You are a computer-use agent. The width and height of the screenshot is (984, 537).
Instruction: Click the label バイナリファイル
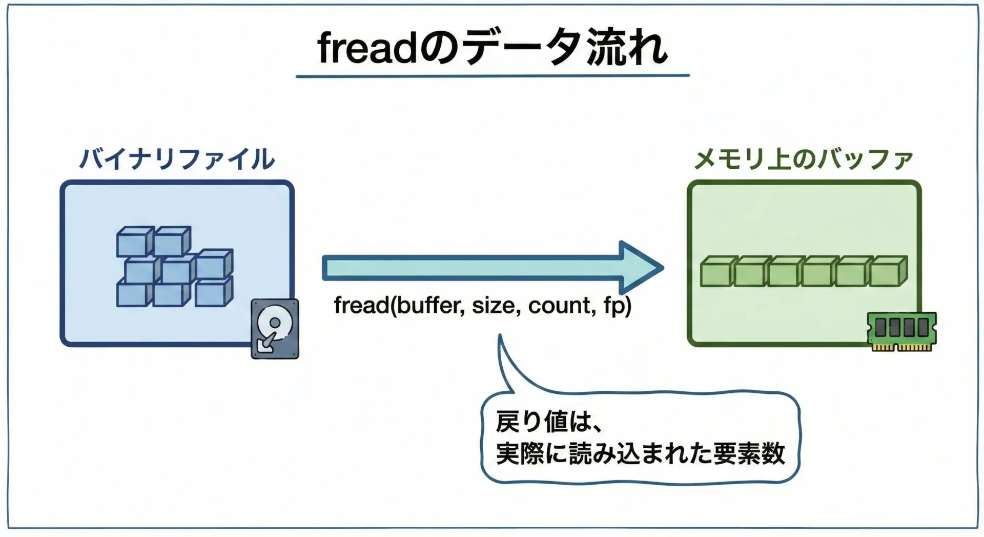[177, 158]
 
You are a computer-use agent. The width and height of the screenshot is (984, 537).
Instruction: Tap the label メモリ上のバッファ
[804, 159]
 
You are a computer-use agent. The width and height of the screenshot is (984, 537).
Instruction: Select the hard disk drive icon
[275, 329]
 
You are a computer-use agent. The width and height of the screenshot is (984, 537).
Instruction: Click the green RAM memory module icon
[901, 331]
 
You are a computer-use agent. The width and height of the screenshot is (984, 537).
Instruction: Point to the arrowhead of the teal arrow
[663, 267]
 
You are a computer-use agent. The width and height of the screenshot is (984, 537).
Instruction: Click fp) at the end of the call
[617, 306]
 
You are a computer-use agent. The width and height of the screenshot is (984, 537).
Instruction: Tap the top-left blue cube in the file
[135, 242]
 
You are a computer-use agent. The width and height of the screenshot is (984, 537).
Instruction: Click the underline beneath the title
[493, 76]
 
